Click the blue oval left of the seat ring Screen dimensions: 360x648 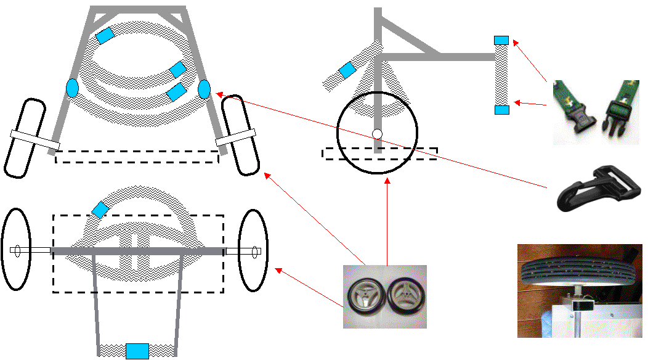[x=72, y=88]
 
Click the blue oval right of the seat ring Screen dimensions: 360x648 [x=205, y=89]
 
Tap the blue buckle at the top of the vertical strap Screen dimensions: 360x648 [x=502, y=40]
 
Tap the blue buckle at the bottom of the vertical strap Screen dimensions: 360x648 [x=502, y=110]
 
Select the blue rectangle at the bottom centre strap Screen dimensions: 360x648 [x=137, y=351]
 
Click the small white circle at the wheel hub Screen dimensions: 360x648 [x=378, y=134]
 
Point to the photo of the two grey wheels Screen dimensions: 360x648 [x=384, y=296]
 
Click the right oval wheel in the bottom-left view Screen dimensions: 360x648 [x=253, y=250]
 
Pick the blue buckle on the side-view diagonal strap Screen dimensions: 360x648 [x=347, y=70]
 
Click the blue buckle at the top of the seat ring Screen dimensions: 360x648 [x=105, y=35]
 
